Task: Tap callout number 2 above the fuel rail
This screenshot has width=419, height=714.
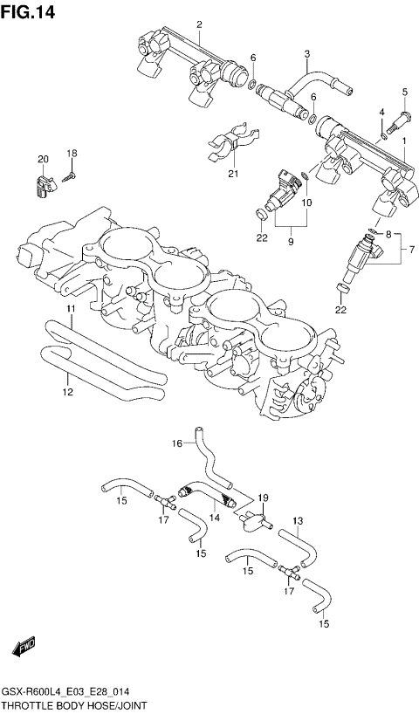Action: [198, 24]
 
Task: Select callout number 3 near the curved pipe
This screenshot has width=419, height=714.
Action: [307, 54]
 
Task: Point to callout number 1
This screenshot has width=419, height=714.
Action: [404, 140]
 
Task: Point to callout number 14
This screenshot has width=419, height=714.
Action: [215, 517]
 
